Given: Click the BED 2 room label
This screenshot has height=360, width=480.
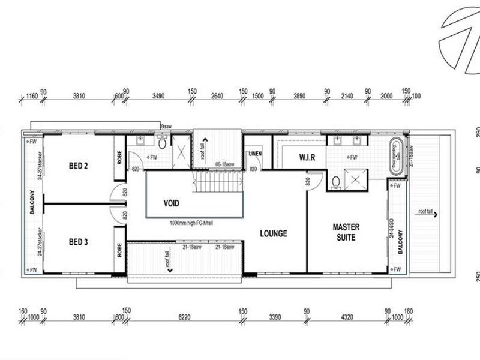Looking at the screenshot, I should click(79, 166).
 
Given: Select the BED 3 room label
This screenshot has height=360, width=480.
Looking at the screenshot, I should click(79, 242).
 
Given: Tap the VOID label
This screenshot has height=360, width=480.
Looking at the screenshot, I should click(172, 203).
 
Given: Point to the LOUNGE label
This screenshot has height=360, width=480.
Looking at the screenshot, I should click(273, 233).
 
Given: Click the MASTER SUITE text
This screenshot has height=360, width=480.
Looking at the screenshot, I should click(346, 232).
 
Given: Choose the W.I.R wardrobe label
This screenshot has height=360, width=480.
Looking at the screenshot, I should click(295, 158).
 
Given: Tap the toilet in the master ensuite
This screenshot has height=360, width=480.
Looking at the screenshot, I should click(337, 181).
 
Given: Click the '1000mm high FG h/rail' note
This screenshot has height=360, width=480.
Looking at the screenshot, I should click(191, 222).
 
